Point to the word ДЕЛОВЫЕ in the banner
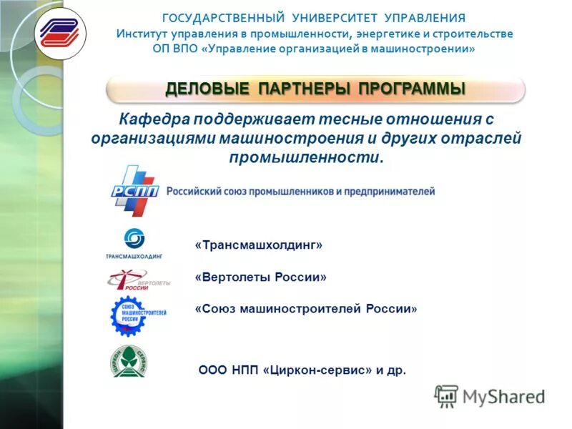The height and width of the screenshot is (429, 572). coord(207,89)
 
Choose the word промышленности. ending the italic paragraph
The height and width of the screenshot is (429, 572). coord(307,156)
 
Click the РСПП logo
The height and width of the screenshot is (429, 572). coord(134,191)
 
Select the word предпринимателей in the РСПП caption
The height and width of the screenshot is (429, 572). coord(389,192)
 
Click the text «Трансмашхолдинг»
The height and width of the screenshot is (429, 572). coord(259,245)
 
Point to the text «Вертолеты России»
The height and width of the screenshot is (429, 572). coord(260,277)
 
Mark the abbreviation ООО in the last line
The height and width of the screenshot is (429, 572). coord(212,370)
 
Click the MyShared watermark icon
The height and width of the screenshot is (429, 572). coord(446,396)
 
